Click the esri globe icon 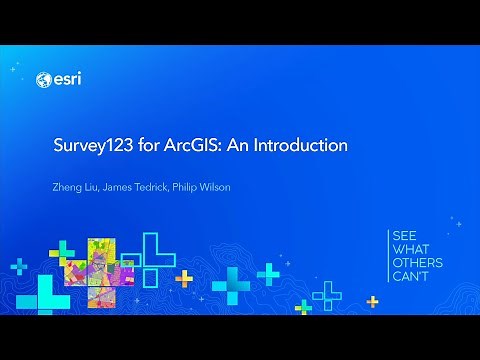pos(43,80)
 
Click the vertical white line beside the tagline pos(389,255)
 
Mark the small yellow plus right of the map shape pos(184,276)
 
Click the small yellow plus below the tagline pos(373,301)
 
